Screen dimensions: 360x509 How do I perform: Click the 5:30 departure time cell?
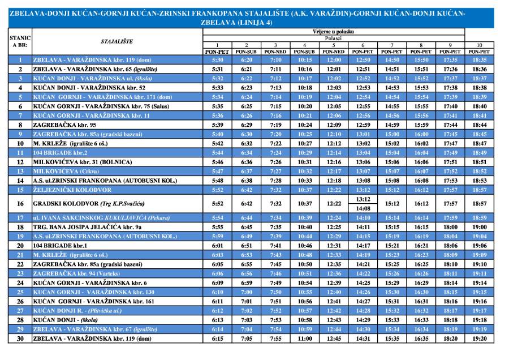(217, 59)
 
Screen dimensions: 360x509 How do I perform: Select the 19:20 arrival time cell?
(479, 339)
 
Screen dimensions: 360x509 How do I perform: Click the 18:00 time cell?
(450, 226)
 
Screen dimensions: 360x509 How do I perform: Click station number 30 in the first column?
(20, 339)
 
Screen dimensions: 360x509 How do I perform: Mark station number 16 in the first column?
(20, 203)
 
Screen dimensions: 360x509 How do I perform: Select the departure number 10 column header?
(479, 45)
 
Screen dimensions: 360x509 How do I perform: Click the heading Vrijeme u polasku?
(334, 32)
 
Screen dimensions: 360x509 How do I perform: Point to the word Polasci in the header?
(334, 38)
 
